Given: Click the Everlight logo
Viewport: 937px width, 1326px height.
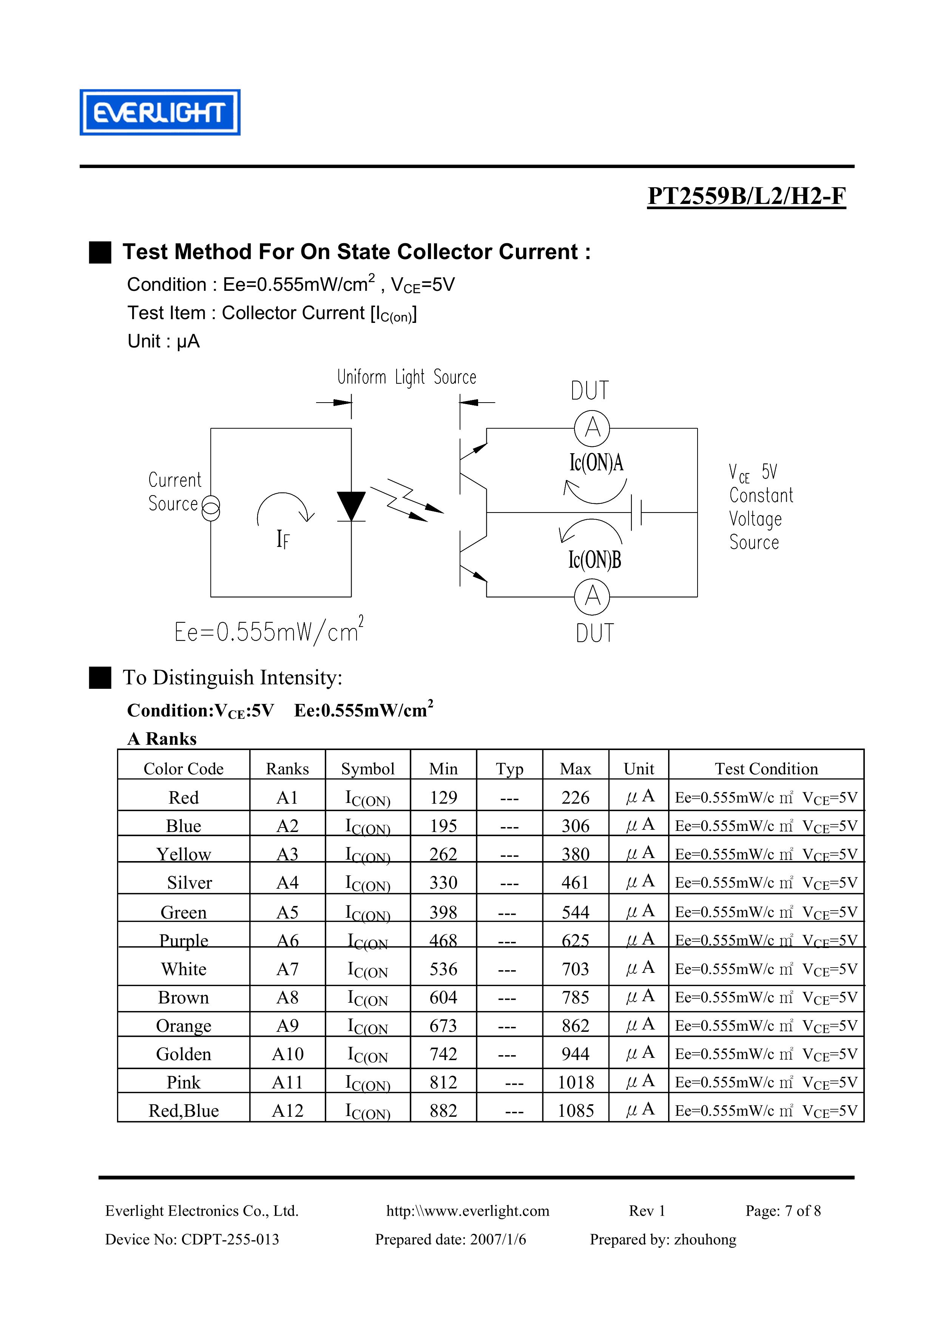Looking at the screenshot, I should click(x=160, y=113).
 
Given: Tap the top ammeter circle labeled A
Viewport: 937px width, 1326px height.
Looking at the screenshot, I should click(x=592, y=428).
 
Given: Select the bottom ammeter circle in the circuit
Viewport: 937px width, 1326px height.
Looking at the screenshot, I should click(x=592, y=596).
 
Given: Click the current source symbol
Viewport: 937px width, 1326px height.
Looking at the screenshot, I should click(x=211, y=508).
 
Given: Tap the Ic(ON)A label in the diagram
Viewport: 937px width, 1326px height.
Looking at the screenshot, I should click(x=596, y=463).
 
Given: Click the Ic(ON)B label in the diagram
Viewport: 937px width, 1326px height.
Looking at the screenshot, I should click(x=595, y=559).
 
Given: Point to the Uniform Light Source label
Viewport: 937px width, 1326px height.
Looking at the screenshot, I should click(x=407, y=377).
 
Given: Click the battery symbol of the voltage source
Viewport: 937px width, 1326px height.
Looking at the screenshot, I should click(x=637, y=512).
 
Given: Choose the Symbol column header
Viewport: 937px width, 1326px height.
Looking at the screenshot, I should click(x=367, y=769).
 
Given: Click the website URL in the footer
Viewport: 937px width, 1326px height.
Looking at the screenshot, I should click(x=468, y=1210).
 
